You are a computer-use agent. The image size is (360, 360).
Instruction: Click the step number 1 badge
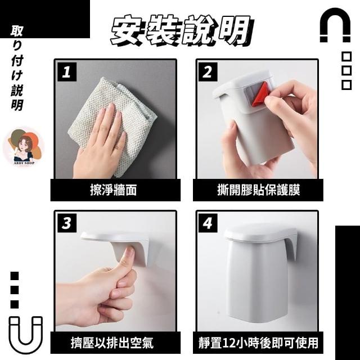67,72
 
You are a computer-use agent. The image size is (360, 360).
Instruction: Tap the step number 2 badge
208,72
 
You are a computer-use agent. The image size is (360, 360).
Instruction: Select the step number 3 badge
67,223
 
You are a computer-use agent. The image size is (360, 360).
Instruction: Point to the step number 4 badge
208,223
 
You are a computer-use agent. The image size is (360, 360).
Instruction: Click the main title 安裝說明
181,30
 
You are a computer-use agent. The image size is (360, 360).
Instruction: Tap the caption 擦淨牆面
113,190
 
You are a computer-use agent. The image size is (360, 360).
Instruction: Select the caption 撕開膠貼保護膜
259,190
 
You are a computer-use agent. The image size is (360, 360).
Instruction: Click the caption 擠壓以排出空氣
112,343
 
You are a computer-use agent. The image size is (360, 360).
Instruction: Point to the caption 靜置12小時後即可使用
258,343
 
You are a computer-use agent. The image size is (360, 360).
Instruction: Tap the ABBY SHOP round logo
24,147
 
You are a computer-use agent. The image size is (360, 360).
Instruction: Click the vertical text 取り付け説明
17,68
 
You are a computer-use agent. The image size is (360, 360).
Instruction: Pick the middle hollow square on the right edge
346,70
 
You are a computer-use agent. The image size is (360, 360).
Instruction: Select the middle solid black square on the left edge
15,290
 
